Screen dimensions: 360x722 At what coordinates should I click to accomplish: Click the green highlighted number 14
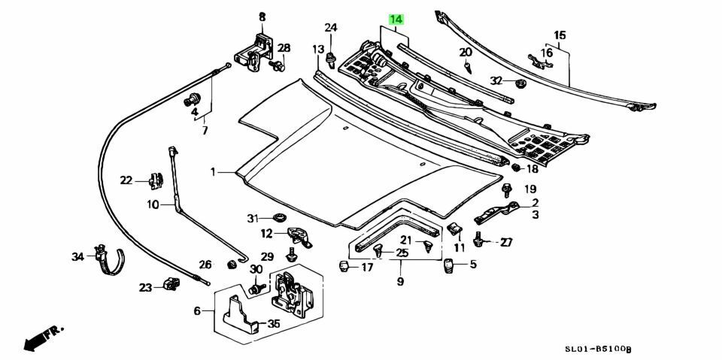point(396,18)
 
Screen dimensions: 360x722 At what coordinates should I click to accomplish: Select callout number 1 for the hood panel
point(213,172)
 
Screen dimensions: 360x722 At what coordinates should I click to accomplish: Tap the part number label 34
point(77,257)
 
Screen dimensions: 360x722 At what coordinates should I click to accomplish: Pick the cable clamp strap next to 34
point(109,259)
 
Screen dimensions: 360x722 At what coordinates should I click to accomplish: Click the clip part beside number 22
point(156,180)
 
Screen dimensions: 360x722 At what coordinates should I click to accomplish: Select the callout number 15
point(560,35)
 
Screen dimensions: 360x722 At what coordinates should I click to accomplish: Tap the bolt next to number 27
point(478,241)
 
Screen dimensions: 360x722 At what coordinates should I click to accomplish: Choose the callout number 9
point(400,282)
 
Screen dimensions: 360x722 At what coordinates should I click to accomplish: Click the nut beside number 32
point(520,80)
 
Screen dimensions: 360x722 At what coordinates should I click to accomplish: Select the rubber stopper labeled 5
point(449,265)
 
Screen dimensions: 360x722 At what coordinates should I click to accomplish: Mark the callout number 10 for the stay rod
point(153,204)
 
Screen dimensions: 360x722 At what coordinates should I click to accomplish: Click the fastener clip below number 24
point(331,60)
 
